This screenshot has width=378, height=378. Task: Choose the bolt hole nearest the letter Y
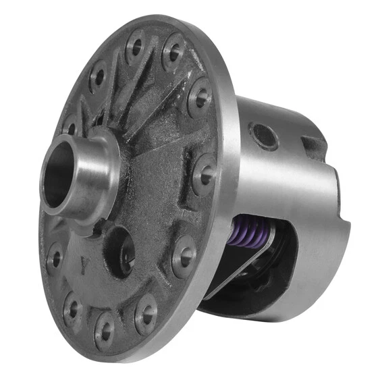(x=55, y=256)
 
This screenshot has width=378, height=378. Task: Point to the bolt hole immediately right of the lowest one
(x=145, y=310)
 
